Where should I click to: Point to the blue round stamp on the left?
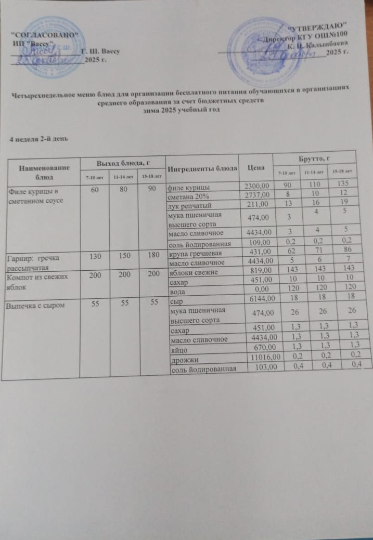(x=48, y=47)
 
